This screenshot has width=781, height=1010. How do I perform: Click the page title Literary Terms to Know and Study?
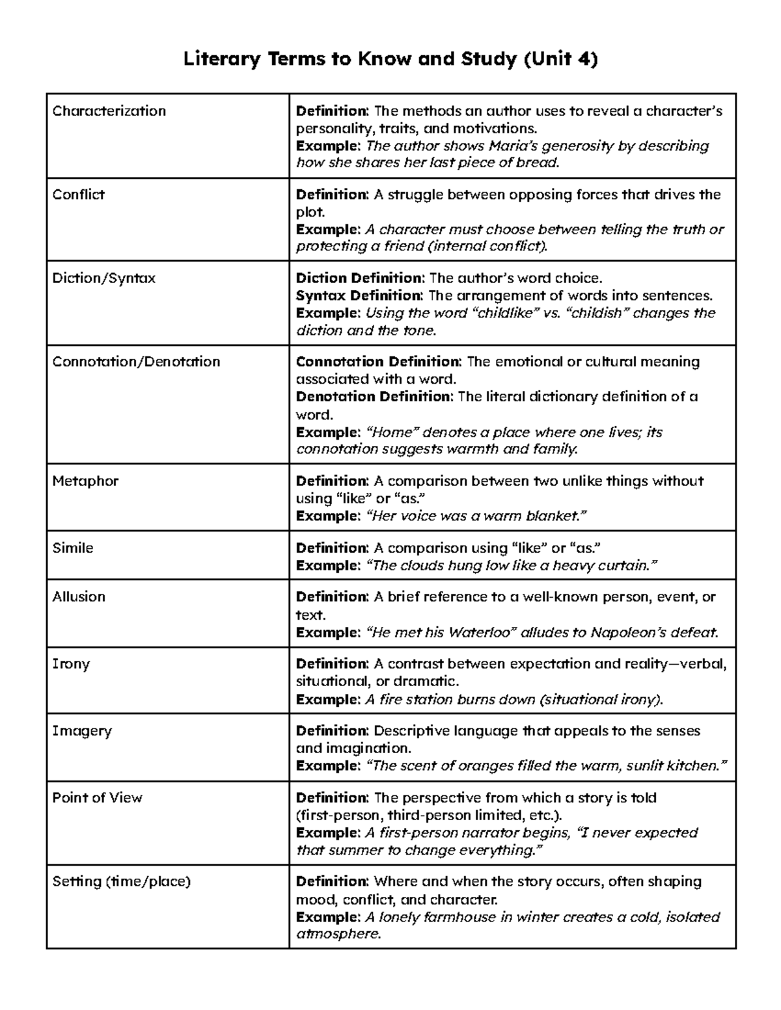(x=390, y=59)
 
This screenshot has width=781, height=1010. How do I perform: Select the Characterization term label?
(x=109, y=111)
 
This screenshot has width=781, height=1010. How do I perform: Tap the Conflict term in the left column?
(x=78, y=194)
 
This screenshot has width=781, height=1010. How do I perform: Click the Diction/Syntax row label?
(x=103, y=278)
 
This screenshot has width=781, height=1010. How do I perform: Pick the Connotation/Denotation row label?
(x=136, y=362)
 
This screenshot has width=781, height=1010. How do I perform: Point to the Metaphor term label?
(x=85, y=481)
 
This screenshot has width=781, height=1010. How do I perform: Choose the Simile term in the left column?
(x=73, y=548)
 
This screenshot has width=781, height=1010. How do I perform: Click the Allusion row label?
(x=79, y=597)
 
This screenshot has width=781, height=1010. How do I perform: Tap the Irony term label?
(x=71, y=664)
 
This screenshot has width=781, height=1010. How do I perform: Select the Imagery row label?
(x=82, y=731)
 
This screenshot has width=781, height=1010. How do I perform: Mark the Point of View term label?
(x=97, y=798)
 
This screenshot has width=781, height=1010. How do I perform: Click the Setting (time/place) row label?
(x=121, y=882)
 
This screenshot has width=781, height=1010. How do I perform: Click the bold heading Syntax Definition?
(x=359, y=296)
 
